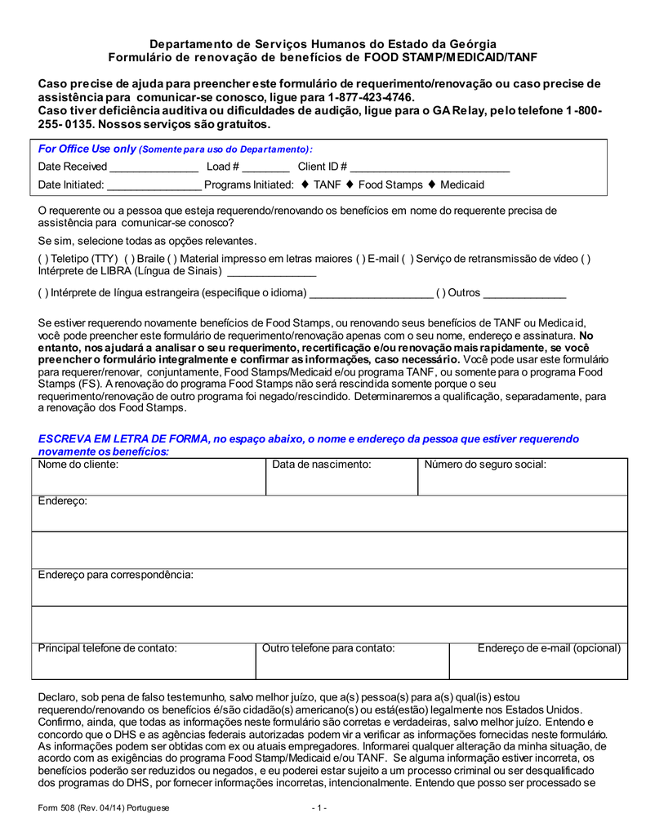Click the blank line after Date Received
(x=154, y=167)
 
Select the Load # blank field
(x=265, y=167)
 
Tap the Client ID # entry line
(x=430, y=167)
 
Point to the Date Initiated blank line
(x=154, y=185)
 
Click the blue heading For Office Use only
(x=87, y=149)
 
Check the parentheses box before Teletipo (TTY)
(x=42, y=259)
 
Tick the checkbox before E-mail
(x=360, y=259)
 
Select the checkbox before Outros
(x=440, y=292)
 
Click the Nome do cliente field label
(x=78, y=465)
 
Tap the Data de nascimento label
(x=322, y=465)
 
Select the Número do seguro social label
(x=485, y=465)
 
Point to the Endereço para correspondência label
(x=116, y=575)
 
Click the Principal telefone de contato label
(x=108, y=648)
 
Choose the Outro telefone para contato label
(x=328, y=648)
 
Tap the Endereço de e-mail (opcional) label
(x=549, y=648)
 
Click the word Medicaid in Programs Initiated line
(x=462, y=185)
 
